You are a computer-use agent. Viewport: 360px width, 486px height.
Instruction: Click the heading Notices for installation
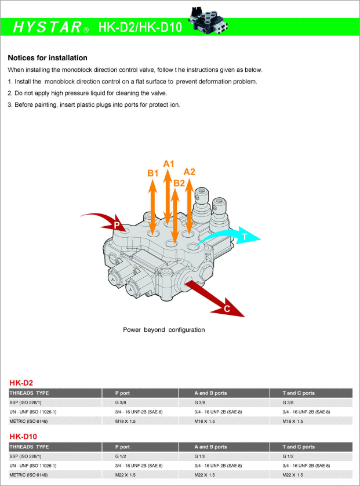[x=48, y=58]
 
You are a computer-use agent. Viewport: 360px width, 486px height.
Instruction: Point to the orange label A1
[x=169, y=164]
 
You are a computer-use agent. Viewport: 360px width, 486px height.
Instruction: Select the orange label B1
[x=152, y=173]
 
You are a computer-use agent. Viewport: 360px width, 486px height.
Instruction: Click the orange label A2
[x=190, y=172]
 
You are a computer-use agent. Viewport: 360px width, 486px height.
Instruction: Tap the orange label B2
[x=179, y=183]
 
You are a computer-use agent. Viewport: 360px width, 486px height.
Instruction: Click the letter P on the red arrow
[x=117, y=225]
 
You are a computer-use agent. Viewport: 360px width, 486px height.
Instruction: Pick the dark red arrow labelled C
[x=217, y=300]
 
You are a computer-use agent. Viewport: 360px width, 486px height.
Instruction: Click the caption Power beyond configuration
[x=163, y=330]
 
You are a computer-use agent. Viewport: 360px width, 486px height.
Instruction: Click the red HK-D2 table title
[x=21, y=383]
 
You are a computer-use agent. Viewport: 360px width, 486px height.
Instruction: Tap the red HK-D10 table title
[x=23, y=436]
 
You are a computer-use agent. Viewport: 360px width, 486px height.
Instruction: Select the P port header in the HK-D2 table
[x=122, y=393]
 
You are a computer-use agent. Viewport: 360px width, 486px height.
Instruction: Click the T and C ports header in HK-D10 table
[x=299, y=447]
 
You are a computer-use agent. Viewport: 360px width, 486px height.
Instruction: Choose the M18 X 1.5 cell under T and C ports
[x=293, y=421]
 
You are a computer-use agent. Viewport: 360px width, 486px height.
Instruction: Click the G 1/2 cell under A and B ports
[x=200, y=456]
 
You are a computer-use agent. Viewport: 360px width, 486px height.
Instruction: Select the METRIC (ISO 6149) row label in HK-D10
[x=30, y=475]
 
